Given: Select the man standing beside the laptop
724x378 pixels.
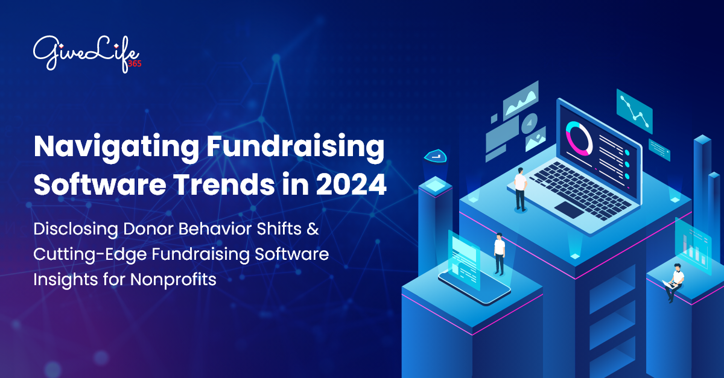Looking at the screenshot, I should [520, 189].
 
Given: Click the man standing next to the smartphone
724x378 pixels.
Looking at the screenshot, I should [499, 253].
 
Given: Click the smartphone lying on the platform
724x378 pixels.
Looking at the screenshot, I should [474, 283].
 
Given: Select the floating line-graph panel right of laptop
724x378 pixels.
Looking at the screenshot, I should [634, 111].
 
